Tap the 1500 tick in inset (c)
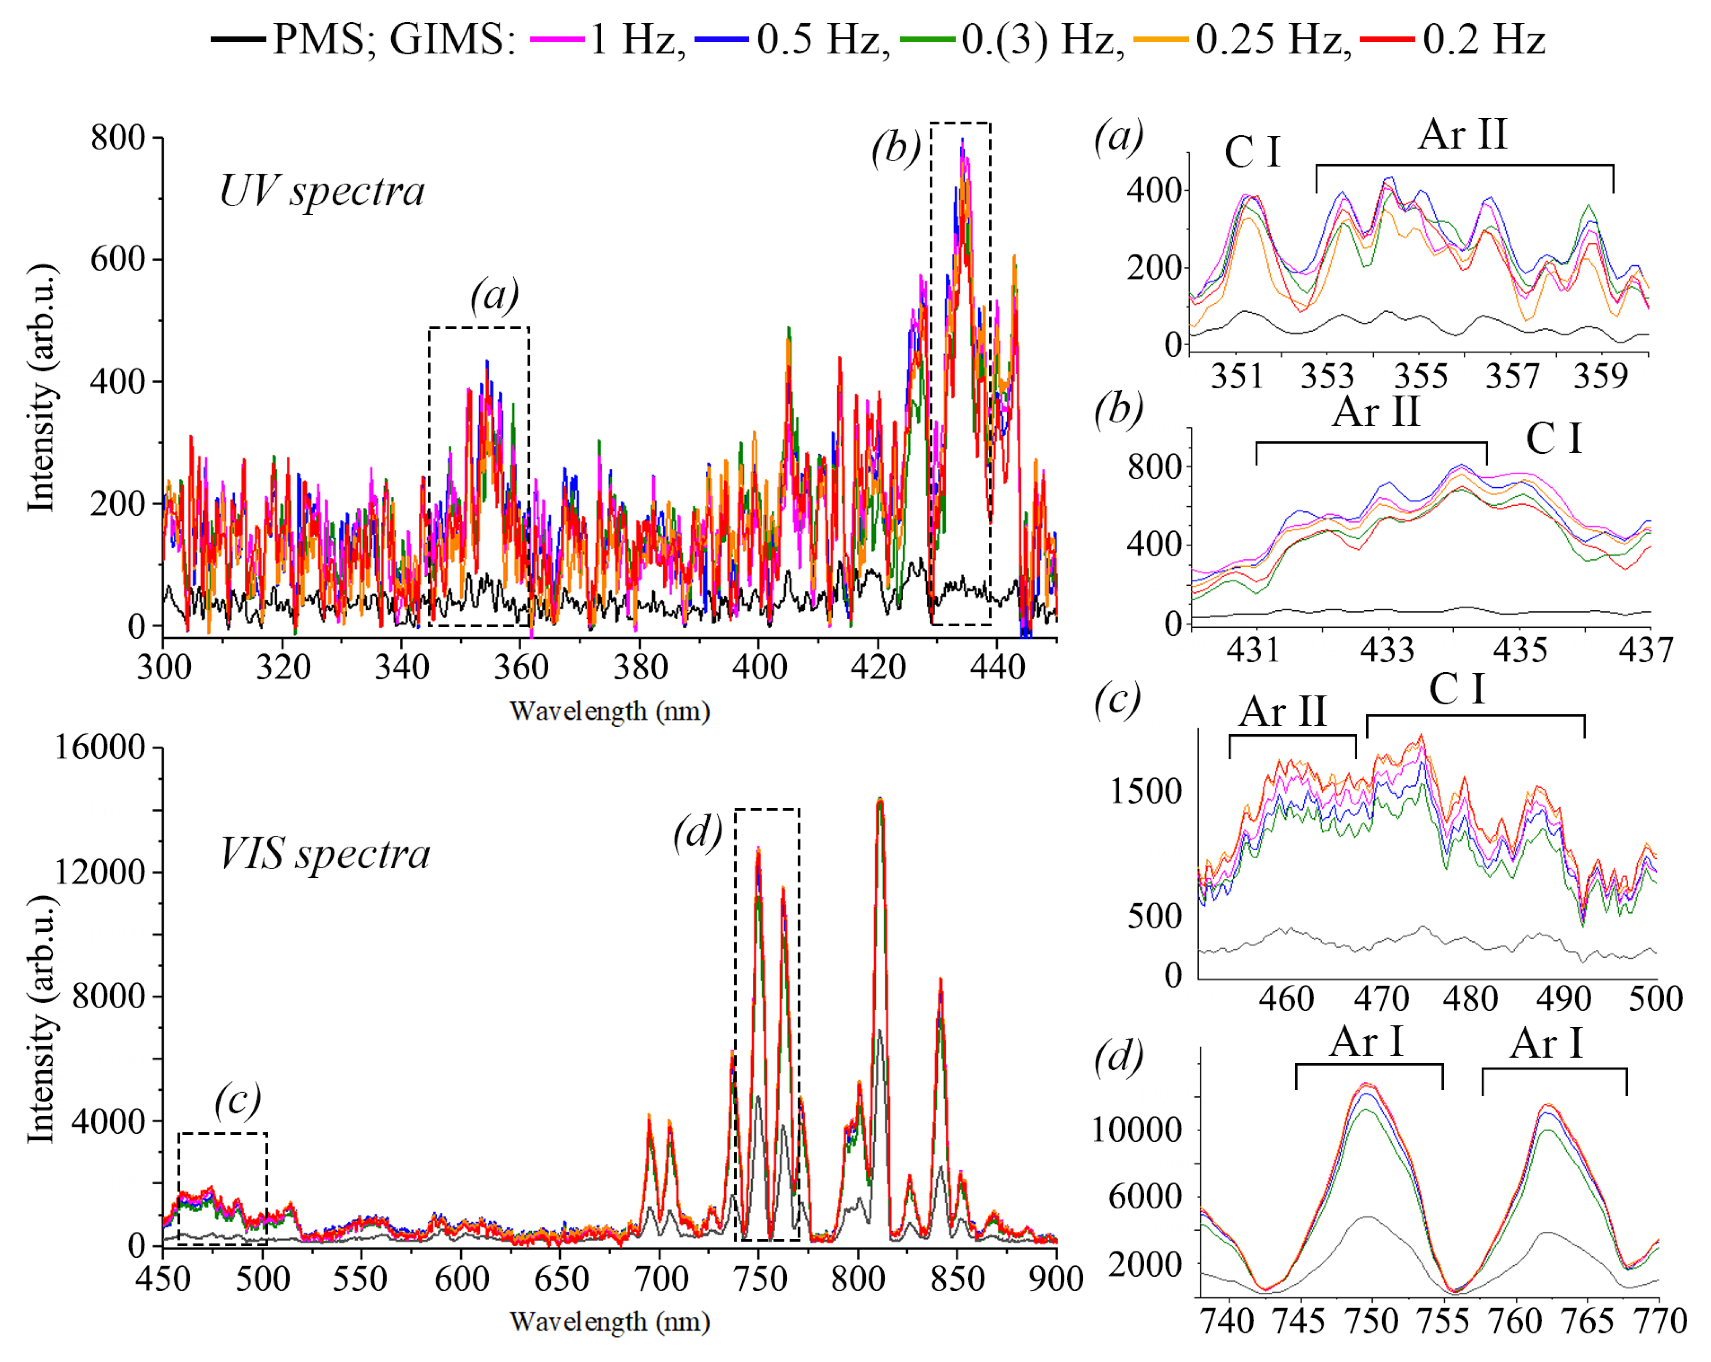click(1145, 791)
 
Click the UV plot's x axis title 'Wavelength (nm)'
click(609, 711)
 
